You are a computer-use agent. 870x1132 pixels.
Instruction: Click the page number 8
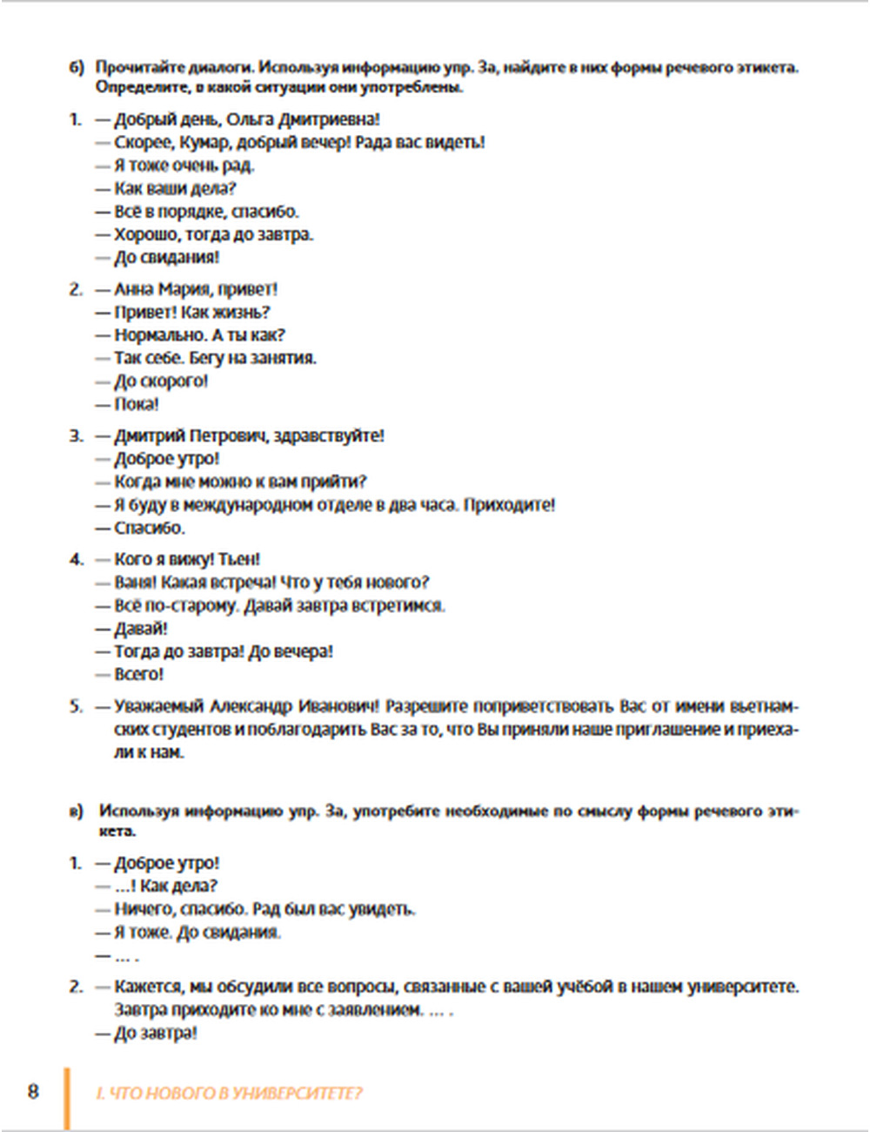point(33,1091)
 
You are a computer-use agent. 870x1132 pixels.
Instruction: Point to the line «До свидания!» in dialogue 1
point(166,257)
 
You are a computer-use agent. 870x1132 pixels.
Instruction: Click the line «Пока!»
point(137,404)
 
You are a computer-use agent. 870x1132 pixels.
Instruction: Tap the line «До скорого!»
point(161,381)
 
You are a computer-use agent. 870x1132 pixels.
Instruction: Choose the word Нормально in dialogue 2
point(160,335)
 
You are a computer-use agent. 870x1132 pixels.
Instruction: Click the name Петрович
point(228,435)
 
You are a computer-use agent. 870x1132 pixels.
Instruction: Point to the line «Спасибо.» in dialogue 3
point(150,528)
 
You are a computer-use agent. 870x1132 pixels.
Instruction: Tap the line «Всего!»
point(138,674)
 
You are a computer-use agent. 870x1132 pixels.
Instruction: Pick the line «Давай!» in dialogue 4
point(141,628)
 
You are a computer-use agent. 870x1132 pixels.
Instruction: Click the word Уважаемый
point(159,706)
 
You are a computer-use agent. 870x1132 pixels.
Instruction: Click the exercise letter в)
point(77,812)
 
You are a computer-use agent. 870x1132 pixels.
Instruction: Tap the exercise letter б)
point(77,68)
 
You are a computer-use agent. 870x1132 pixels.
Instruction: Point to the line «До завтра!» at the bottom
point(156,1033)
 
